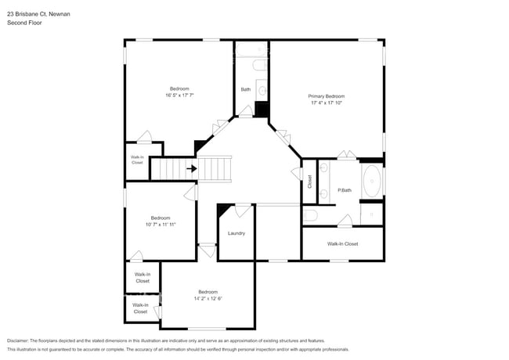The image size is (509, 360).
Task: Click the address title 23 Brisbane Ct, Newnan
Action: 38,13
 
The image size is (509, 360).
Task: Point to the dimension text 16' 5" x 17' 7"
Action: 179,95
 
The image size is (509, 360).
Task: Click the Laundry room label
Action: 236,233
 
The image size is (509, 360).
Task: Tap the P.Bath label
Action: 344,190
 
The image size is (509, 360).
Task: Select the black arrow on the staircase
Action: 191,167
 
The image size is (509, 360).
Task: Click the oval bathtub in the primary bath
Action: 373,182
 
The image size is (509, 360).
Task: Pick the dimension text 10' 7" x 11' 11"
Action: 161,225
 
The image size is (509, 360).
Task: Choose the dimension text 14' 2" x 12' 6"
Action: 208,298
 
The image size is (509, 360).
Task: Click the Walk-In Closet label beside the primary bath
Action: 342,244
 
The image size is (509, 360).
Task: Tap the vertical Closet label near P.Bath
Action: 310,181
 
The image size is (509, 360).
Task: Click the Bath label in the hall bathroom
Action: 245,89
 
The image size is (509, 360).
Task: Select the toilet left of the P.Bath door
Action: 310,214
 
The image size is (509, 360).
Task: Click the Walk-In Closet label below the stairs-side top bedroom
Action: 137,160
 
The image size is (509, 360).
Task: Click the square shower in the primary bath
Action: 372,212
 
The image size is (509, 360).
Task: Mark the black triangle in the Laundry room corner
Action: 225,208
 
